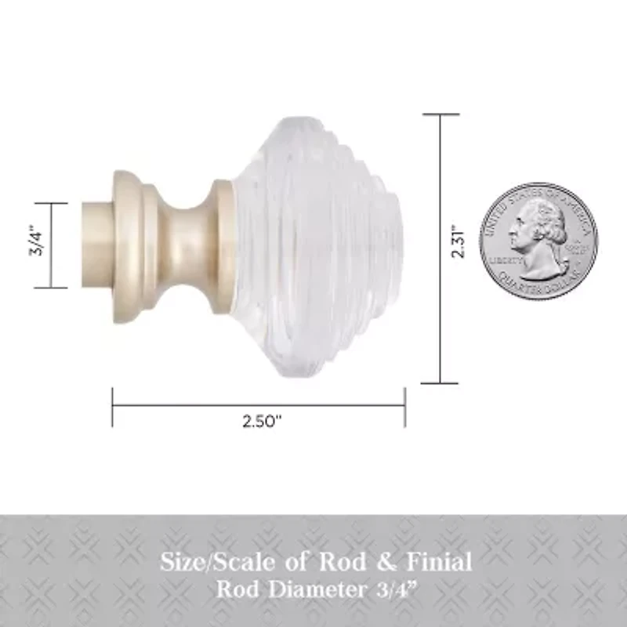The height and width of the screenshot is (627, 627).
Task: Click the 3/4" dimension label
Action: point(34,245)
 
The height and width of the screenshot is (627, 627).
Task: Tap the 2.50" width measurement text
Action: point(262,422)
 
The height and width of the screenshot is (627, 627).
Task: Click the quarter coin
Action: point(538,242)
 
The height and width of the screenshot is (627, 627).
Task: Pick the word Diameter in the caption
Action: point(324,587)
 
